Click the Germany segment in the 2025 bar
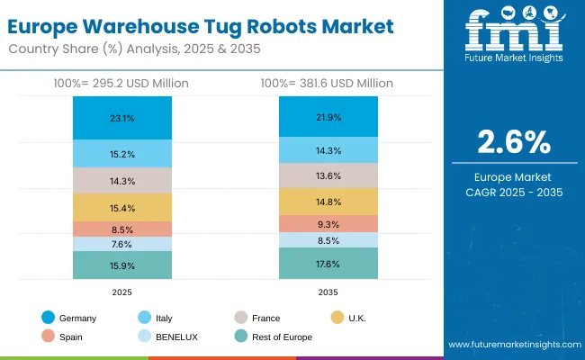[121, 118]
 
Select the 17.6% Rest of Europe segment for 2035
[328, 264]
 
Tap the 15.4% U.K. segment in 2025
[121, 208]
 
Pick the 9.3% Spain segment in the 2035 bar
[328, 223]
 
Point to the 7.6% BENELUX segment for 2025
[121, 244]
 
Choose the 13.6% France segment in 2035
[328, 175]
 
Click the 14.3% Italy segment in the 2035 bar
[328, 149]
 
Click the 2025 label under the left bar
[121, 292]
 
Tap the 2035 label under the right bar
[328, 292]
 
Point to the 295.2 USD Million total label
[121, 84]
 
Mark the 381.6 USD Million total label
[328, 84]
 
